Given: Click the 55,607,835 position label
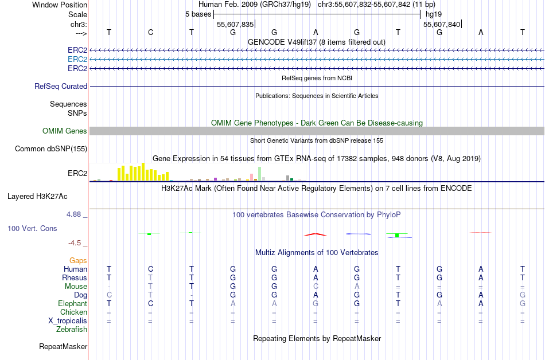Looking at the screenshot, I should coord(235,24).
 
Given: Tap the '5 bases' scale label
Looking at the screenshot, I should coord(198,14).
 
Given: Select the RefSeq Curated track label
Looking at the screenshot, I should coord(61,86).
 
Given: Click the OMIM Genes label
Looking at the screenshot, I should coord(65,131).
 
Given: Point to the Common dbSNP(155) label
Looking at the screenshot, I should coord(51,149).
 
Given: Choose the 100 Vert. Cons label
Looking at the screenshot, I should coord(32,228).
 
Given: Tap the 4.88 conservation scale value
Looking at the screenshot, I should coord(74,214).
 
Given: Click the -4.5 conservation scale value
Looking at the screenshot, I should coord(75,242).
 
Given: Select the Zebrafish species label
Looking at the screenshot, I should coord(72,329).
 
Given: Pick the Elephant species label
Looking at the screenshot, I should coord(72,303).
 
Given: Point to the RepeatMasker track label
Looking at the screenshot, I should coord(63,346).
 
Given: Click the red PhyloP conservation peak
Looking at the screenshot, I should coord(316,234).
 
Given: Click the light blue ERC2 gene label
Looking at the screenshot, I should coord(77,59).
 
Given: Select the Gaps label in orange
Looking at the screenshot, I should coord(78,260).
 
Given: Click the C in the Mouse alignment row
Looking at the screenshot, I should coord(316,286).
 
